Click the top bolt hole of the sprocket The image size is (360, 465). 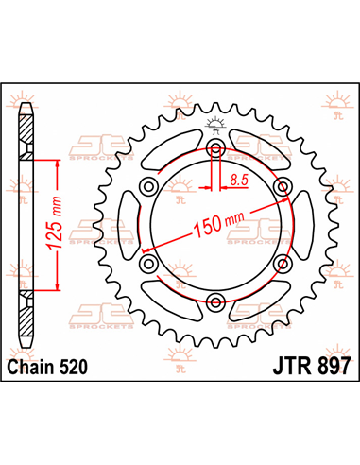[x=216, y=150]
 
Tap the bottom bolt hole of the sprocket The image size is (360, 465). [x=216, y=302]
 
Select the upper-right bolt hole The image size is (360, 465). [x=282, y=188]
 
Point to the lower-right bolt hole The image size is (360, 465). [x=282, y=265]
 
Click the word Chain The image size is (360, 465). [x=32, y=363]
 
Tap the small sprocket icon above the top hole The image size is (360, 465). [x=216, y=123]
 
